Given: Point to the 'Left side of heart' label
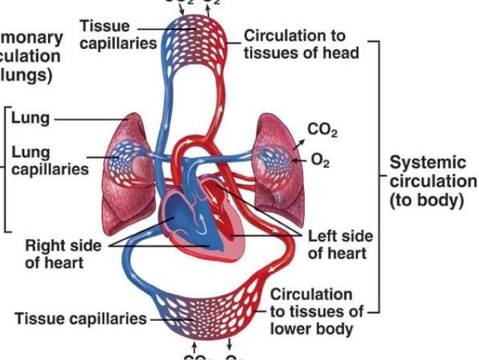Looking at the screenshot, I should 340,244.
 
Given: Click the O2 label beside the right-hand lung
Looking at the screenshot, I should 320,160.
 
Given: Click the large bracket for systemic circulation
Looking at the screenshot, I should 379,180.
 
